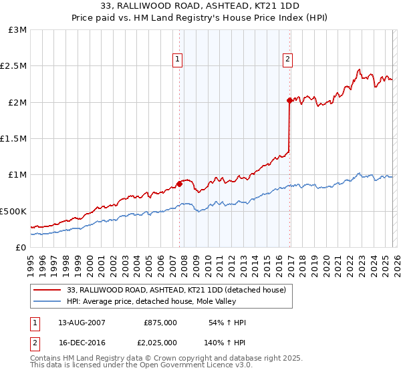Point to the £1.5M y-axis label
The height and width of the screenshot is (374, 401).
[x=13, y=139]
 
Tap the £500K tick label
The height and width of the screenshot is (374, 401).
[x=13, y=211]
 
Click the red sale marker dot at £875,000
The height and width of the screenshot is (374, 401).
[x=179, y=184]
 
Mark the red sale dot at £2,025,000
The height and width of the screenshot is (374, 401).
[x=289, y=101]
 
